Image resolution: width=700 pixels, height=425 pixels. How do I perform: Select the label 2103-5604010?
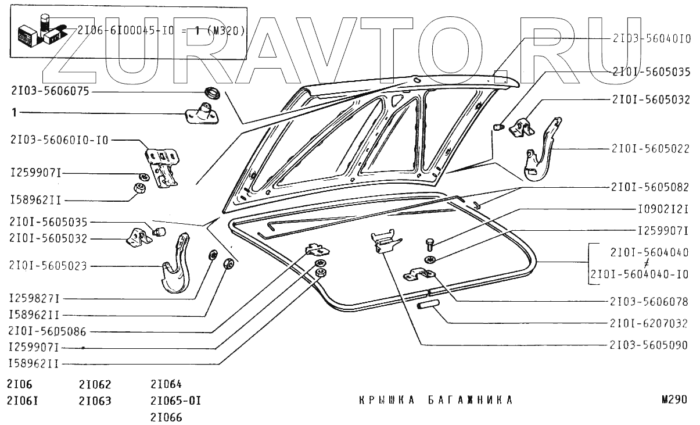click(651, 38)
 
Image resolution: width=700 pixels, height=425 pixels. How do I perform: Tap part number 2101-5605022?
click(651, 149)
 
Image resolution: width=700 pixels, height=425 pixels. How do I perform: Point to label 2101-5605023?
click(48, 266)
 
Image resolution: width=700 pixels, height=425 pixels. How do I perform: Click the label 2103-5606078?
click(649, 302)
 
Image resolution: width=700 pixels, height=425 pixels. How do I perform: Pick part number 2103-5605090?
click(649, 345)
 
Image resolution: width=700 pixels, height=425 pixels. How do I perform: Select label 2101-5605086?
click(48, 331)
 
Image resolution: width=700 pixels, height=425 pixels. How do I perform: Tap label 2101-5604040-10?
click(639, 274)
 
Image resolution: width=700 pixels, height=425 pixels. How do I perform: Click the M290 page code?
click(674, 400)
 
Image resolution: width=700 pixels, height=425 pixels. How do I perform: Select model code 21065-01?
click(175, 401)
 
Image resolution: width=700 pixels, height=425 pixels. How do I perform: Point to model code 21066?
click(166, 417)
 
